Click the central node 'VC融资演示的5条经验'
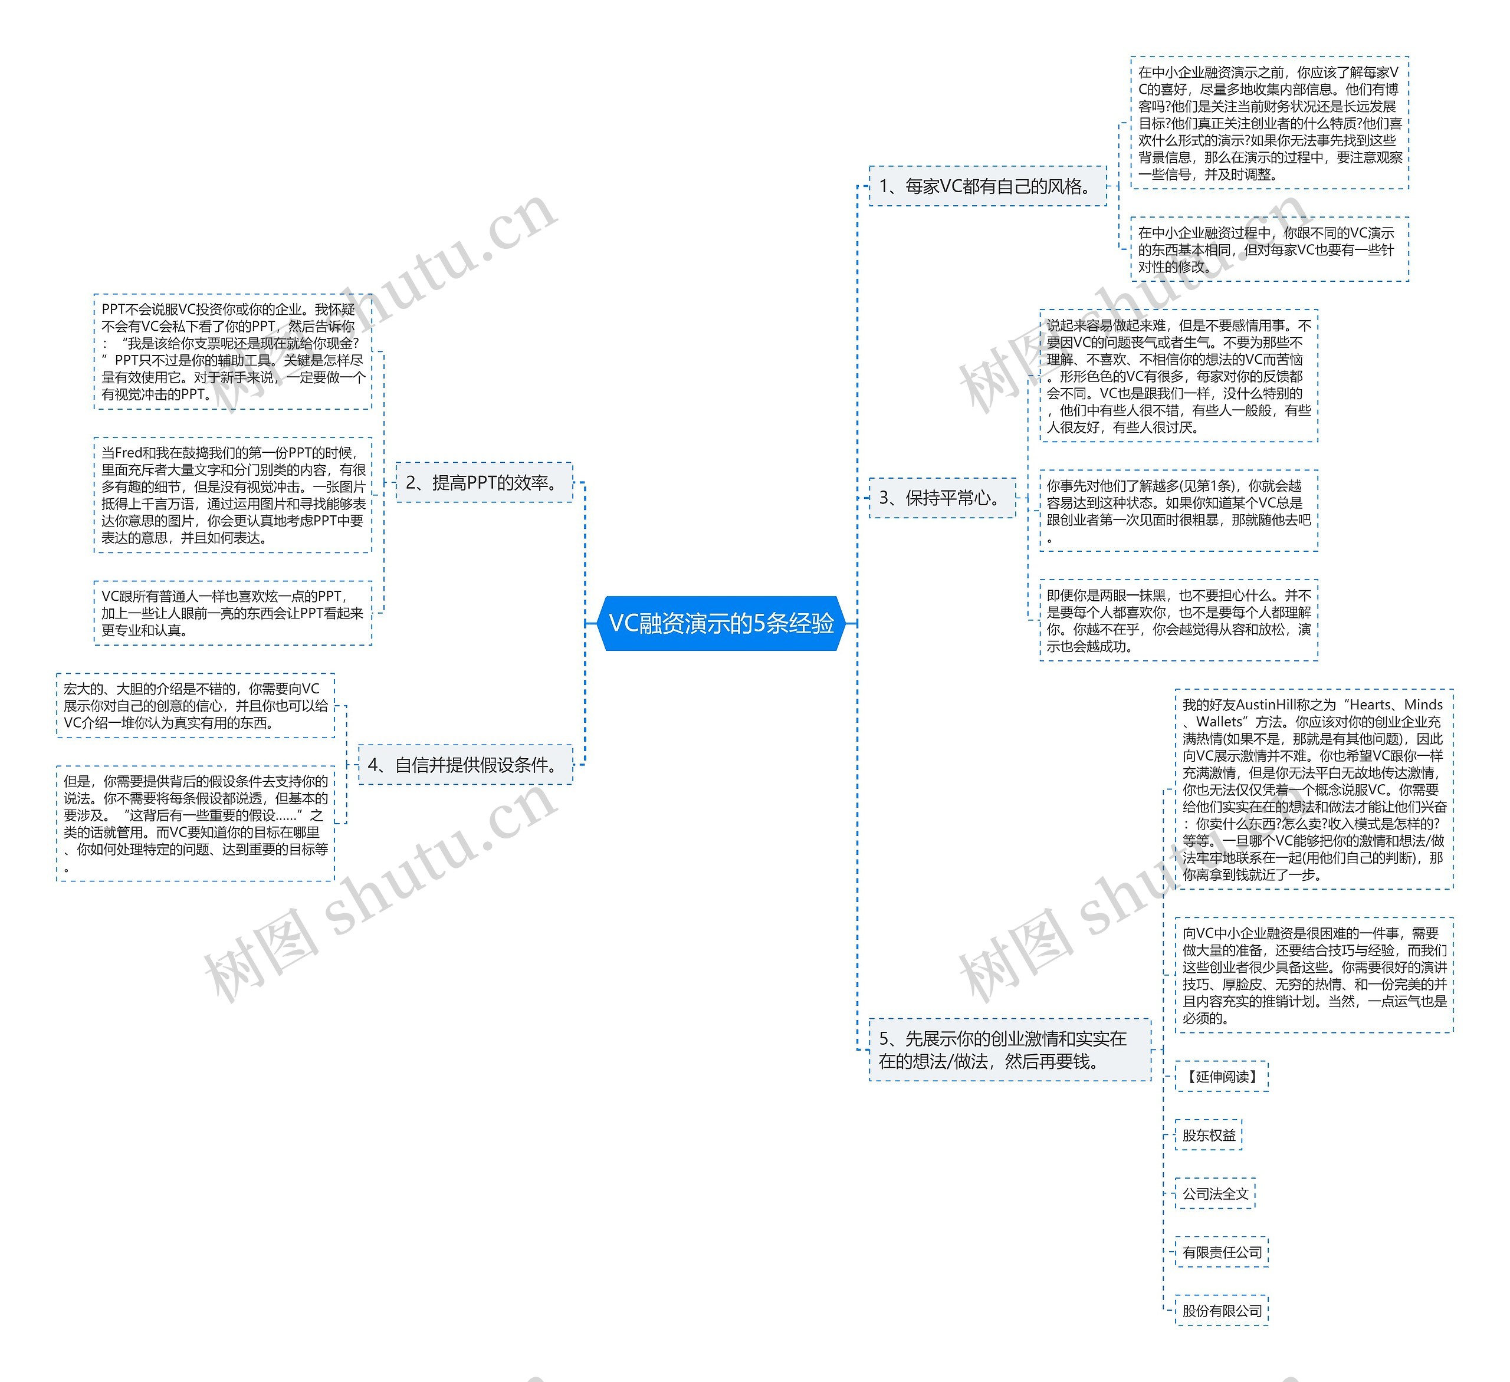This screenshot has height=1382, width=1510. tap(721, 623)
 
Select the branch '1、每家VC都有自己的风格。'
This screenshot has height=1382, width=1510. tap(987, 186)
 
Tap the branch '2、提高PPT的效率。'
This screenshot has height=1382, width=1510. tap(484, 483)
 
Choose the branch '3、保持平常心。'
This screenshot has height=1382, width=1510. tap(942, 498)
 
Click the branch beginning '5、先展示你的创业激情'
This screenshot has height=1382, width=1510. tap(1009, 1049)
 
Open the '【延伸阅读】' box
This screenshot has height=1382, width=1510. tap(1222, 1077)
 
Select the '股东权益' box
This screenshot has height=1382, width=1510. tap(1208, 1135)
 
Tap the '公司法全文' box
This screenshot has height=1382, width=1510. tap(1215, 1193)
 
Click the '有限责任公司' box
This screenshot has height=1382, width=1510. tap(1222, 1252)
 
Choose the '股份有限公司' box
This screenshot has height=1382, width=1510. tap(1222, 1311)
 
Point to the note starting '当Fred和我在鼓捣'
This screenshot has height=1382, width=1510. tap(233, 495)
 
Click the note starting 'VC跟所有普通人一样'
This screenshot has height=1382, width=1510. tap(233, 613)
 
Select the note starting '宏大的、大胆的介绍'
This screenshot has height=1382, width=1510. tap(195, 705)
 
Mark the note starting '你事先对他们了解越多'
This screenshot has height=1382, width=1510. tap(1178, 511)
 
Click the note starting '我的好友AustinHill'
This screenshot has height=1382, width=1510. tap(1314, 789)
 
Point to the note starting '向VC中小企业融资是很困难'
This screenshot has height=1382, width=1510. tap(1314, 975)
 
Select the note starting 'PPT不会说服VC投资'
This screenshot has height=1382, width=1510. tap(233, 352)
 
